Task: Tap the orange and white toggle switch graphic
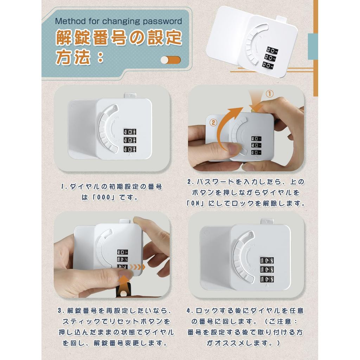(x=171, y=60)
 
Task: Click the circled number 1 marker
(x=270, y=94)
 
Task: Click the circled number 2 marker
(x=213, y=122)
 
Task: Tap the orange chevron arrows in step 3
(x=137, y=267)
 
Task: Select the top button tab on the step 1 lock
(x=130, y=96)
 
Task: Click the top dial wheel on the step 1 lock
(x=130, y=131)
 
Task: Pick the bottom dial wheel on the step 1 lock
(x=130, y=149)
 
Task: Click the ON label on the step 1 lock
(x=116, y=117)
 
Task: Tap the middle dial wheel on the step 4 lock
(x=267, y=270)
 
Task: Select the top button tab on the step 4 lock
(x=267, y=221)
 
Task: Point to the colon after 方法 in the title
(x=100, y=58)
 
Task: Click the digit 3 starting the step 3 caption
(x=60, y=311)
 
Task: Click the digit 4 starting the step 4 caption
(x=188, y=311)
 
